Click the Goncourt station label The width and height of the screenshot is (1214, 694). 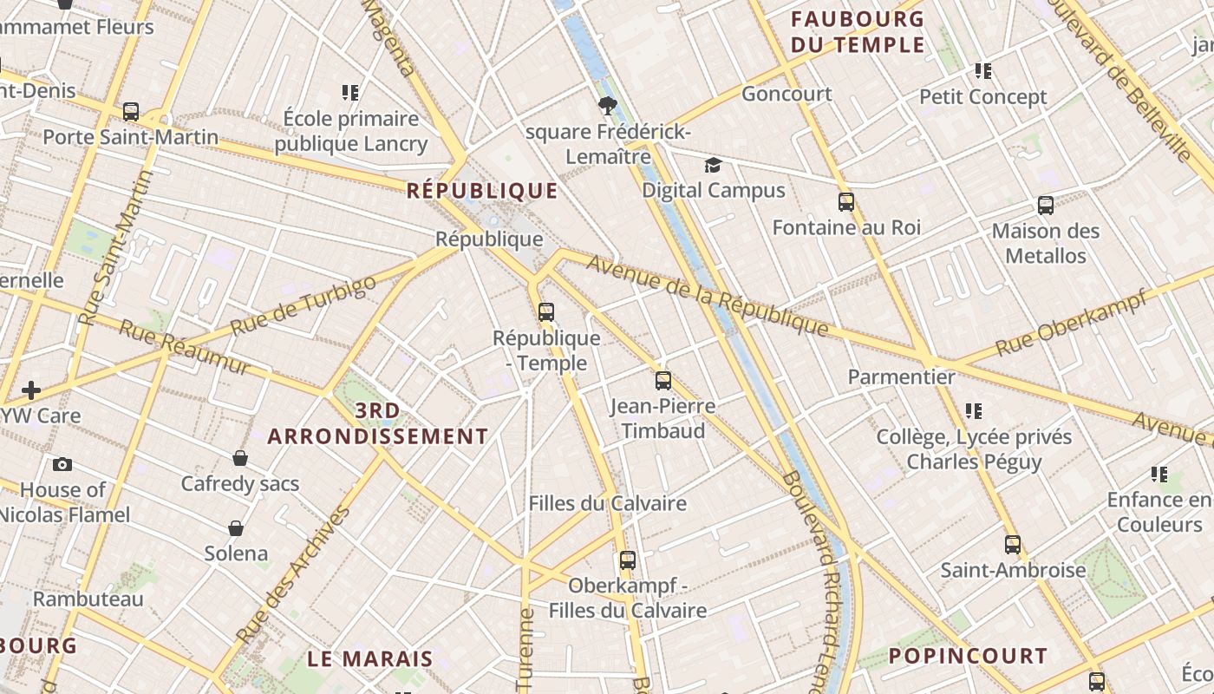786,94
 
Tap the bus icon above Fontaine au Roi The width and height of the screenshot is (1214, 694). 846,202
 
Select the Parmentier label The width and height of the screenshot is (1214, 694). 901,376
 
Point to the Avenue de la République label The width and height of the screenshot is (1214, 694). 707,295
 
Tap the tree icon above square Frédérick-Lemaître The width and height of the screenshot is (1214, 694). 607,106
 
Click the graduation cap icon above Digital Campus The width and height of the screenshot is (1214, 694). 713,165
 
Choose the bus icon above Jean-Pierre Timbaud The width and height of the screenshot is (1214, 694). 663,380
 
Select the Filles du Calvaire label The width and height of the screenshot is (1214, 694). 607,503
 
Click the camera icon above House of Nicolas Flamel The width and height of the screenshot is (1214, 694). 62,464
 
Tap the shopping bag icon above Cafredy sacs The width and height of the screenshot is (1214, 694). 240,458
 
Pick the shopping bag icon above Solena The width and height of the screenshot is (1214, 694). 236,527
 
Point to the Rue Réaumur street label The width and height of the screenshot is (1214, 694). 184,347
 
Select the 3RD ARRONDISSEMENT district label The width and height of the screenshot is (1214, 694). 378,423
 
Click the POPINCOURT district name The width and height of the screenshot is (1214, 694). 968,656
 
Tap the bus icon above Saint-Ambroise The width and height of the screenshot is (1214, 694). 1013,545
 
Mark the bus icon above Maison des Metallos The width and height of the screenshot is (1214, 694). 1046,206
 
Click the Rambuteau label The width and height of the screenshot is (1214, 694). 88,599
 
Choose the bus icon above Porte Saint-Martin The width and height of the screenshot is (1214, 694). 131,111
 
